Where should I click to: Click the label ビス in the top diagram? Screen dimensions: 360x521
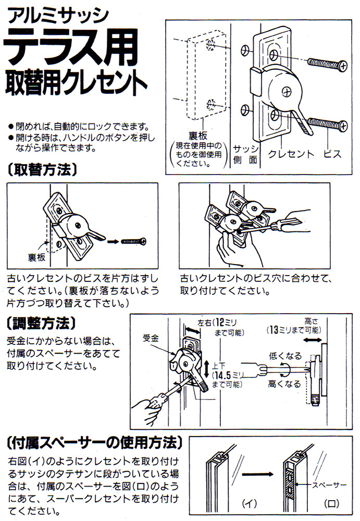coord(332,154)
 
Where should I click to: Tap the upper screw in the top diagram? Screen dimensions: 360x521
coord(327,66)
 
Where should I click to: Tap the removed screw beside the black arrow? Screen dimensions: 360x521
coord(134,241)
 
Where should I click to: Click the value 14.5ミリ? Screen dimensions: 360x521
coord(228,375)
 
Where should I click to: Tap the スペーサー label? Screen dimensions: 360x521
coord(330,485)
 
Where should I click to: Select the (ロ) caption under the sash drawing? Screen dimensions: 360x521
coord(330,503)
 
